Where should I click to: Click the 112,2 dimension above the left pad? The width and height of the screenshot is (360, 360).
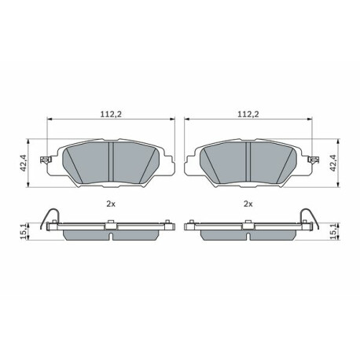tap(111, 114)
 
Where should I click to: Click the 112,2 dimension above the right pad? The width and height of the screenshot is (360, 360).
tap(248, 114)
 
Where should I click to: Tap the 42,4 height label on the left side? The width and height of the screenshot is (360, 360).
tap(24, 163)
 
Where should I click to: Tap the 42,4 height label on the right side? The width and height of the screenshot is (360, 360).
tap(332, 163)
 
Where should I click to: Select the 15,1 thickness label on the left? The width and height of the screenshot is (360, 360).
tap(24, 231)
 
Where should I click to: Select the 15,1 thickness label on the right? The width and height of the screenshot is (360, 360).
tap(332, 231)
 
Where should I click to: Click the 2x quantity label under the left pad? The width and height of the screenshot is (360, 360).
tap(111, 204)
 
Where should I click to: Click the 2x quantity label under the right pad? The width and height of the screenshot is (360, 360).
tap(248, 204)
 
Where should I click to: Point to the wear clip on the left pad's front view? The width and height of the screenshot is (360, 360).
tap(45, 160)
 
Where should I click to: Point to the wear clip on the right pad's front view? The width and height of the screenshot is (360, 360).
tap(314, 160)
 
